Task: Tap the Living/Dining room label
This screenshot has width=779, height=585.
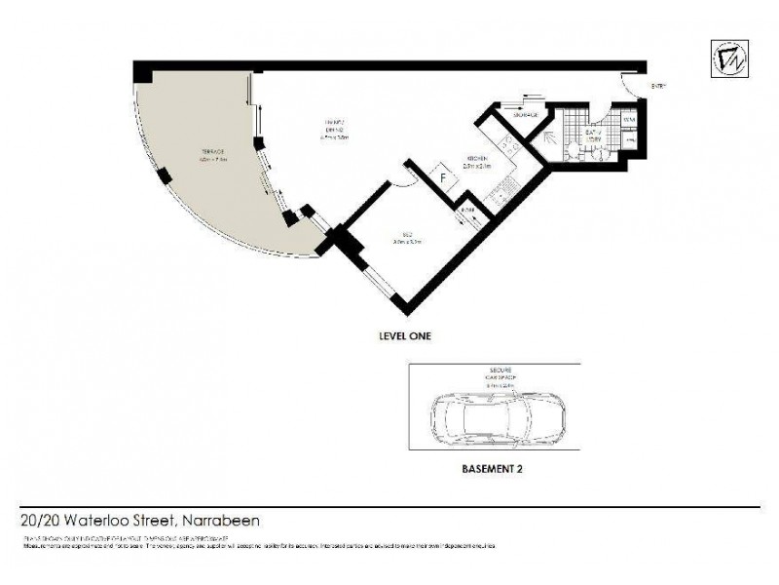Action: pyautogui.click(x=335, y=130)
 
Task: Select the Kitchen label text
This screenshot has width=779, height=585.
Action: pyautogui.click(x=476, y=161)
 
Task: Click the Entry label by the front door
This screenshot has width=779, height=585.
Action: pyautogui.click(x=658, y=87)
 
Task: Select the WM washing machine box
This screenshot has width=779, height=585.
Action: pyautogui.click(x=629, y=120)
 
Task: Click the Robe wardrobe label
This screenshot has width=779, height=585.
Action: pyautogui.click(x=467, y=211)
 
